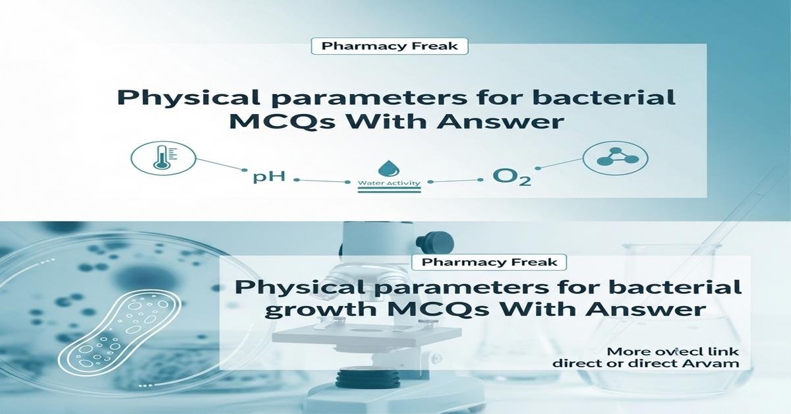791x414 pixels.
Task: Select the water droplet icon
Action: tap(385, 165)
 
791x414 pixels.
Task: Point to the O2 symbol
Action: tap(512, 178)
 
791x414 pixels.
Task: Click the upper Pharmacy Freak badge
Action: tap(389, 47)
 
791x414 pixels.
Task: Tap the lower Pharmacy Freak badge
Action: tap(488, 262)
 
